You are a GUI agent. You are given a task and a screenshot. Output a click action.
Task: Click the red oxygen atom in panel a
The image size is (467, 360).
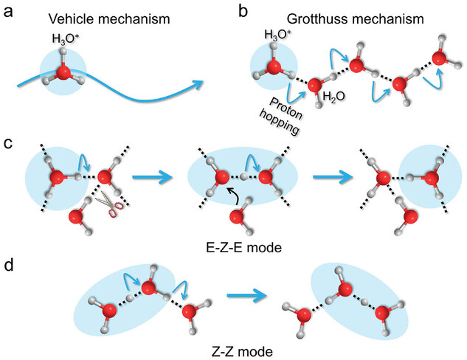click(x=63, y=73)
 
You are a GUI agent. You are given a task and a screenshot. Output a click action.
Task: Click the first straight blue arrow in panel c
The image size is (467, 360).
click(x=153, y=179)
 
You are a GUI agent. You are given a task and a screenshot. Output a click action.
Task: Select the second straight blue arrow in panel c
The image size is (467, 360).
click(x=333, y=179)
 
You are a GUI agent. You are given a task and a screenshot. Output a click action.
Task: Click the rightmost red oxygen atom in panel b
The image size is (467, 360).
click(x=440, y=58)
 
